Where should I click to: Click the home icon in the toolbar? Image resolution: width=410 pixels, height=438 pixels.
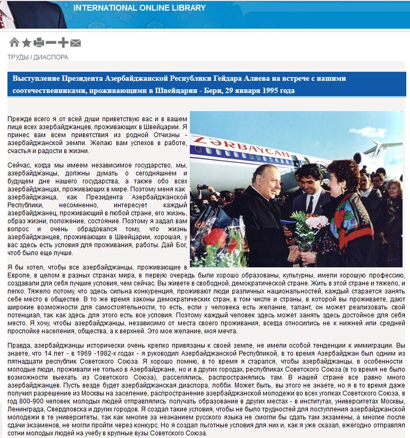click(x=14, y=43)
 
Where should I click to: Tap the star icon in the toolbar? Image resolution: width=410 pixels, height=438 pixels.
click(x=26, y=43)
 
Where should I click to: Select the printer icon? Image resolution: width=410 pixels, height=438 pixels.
click(x=38, y=43)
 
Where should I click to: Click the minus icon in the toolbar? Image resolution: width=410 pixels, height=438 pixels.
click(x=51, y=43)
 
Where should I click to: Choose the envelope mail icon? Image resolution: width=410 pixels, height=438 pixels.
click(x=76, y=43)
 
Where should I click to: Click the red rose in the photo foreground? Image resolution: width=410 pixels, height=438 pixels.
click(x=215, y=237)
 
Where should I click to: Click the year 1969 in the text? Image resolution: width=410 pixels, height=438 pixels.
click(x=81, y=353)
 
